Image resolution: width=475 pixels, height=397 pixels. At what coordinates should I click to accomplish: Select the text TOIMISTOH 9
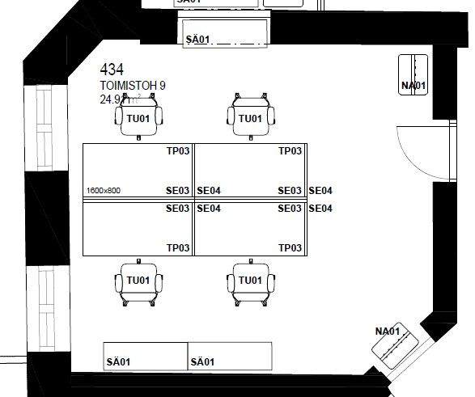click(x=133, y=86)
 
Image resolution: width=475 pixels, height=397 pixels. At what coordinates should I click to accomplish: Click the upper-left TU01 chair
click(x=139, y=116)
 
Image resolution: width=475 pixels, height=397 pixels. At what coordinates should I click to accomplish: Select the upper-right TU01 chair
click(x=250, y=116)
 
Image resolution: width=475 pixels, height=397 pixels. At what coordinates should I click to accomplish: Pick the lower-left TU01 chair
click(x=138, y=281)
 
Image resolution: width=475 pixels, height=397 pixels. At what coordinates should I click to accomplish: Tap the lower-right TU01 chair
click(x=250, y=281)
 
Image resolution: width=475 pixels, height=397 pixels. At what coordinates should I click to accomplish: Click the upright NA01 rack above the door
click(x=414, y=75)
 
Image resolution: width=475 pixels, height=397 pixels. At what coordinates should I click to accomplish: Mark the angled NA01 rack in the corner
click(x=395, y=346)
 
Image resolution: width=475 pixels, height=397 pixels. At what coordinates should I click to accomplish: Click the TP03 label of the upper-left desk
click(x=178, y=151)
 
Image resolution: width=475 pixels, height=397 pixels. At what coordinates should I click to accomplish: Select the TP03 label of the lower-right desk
click(x=290, y=247)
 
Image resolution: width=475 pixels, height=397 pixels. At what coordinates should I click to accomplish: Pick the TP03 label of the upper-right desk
click(x=290, y=151)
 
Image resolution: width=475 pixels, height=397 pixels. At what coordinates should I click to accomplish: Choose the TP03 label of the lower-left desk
click(x=178, y=247)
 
